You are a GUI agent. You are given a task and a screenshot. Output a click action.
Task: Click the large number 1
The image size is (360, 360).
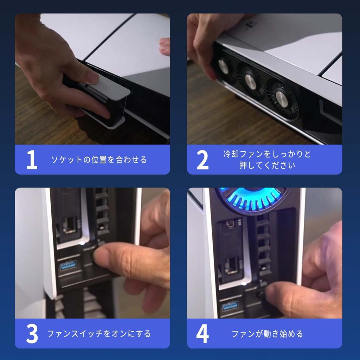(x=32, y=160)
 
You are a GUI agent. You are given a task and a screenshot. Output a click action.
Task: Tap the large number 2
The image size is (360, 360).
(x=202, y=160)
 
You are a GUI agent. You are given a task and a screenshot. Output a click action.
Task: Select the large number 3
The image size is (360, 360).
(x=32, y=334)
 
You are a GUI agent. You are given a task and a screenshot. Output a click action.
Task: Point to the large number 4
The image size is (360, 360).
(x=202, y=334)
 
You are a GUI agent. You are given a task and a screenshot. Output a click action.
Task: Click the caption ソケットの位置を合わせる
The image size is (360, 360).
(x=99, y=160)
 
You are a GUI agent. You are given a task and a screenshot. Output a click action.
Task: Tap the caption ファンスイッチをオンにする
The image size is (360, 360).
(x=99, y=334)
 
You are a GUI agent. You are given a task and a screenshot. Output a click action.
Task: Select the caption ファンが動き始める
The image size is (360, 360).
(x=267, y=334)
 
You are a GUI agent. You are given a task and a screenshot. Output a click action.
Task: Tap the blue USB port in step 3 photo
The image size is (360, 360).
(x=68, y=265)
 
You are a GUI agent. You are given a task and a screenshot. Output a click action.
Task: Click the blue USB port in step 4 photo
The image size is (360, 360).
(x=230, y=305)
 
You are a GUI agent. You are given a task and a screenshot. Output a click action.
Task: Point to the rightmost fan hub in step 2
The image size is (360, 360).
(x=282, y=98)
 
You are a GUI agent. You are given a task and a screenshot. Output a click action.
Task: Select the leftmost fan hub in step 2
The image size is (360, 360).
(x=223, y=66)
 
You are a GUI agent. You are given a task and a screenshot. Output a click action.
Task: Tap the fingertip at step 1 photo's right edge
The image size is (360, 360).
(x=165, y=46)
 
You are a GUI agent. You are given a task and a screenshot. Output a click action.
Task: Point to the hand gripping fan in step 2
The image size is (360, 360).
(x=206, y=39)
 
